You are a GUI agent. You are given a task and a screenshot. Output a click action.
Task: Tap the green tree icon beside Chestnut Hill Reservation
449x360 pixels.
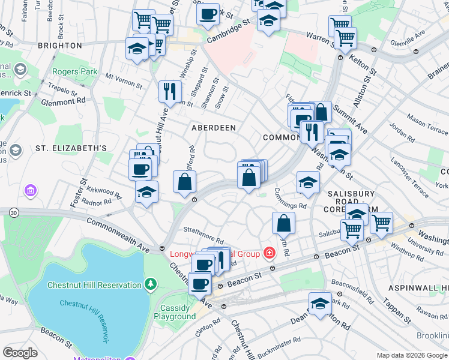click(x=152, y=284)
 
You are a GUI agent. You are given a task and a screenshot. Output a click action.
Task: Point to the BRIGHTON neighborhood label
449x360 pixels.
click(x=59, y=45)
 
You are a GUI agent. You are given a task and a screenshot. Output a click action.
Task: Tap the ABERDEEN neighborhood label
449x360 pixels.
click(x=213, y=128)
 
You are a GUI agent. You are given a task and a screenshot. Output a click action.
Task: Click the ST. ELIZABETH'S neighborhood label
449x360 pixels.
click(x=71, y=148)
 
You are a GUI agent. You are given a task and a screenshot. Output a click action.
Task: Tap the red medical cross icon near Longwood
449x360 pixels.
click(x=270, y=253)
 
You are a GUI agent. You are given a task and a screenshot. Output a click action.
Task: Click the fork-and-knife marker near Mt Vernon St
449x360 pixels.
click(x=170, y=91)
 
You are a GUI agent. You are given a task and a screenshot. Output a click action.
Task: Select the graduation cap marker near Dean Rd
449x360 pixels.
click(x=320, y=304)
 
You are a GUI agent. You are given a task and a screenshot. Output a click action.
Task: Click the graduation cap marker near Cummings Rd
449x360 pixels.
click(x=308, y=183)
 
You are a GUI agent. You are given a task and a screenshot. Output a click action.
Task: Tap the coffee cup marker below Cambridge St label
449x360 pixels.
click(x=208, y=14)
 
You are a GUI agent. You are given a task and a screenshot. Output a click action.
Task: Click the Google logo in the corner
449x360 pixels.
click(x=20, y=353)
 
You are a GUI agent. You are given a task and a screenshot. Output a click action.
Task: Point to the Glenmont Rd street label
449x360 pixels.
click(x=63, y=101)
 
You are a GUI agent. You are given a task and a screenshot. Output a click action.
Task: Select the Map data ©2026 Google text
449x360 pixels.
click(x=412, y=355)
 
